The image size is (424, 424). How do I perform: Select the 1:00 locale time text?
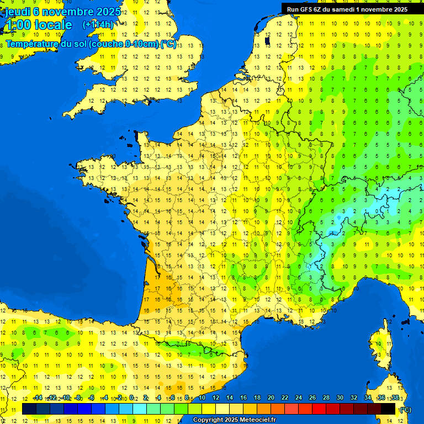[38, 25]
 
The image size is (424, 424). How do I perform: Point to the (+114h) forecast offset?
[98, 25]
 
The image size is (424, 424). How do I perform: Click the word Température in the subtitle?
[33, 44]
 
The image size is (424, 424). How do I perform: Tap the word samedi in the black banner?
[352, 9]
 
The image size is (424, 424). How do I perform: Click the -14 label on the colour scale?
[38, 397]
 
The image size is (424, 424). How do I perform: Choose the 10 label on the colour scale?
[202, 397]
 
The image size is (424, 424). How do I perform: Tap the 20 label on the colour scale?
[271, 397]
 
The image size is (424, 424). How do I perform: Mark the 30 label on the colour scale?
[340, 397]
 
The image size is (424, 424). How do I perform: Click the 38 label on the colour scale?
[395, 397]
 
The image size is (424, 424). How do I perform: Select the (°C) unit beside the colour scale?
[405, 409]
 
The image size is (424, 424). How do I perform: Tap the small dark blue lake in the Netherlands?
[267, 40]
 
